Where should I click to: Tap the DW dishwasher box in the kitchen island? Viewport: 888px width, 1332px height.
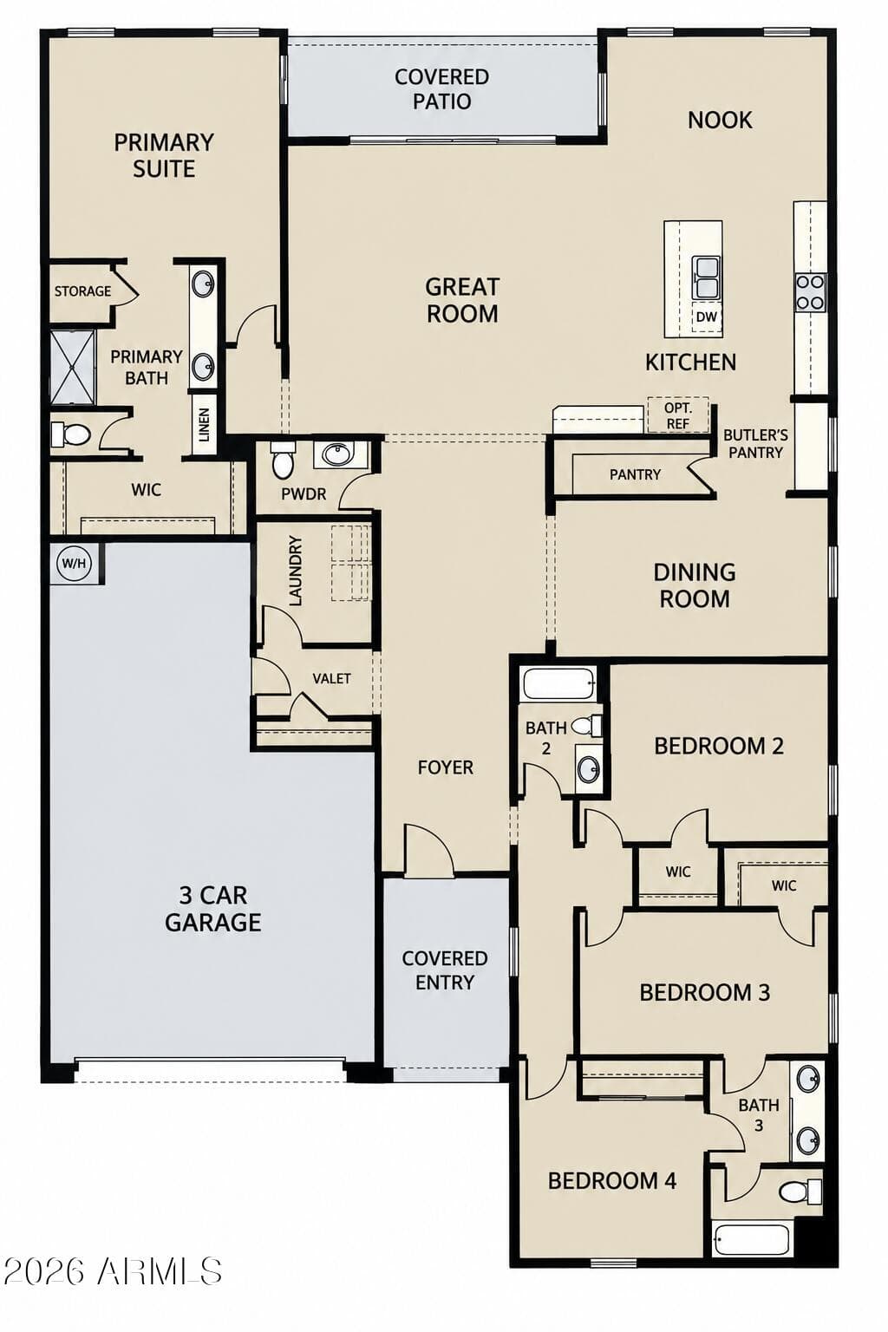706,317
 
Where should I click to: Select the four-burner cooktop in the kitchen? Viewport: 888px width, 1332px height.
810,291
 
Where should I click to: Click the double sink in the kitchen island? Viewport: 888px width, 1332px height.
705,277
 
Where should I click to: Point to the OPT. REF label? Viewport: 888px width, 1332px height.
678,415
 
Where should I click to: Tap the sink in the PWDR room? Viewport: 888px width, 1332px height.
337,455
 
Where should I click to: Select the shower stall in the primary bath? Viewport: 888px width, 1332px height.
73,367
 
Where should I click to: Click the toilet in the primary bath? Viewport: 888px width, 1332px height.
70,434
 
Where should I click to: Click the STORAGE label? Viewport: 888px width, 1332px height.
82,291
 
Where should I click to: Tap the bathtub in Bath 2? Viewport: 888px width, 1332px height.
559,683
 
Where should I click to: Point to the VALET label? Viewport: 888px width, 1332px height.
331,678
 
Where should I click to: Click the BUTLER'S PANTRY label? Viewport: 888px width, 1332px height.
755,444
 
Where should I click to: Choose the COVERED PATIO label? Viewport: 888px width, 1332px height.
442,89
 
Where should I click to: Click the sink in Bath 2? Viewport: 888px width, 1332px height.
589,769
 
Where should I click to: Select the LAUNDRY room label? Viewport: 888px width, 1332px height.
295,571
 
